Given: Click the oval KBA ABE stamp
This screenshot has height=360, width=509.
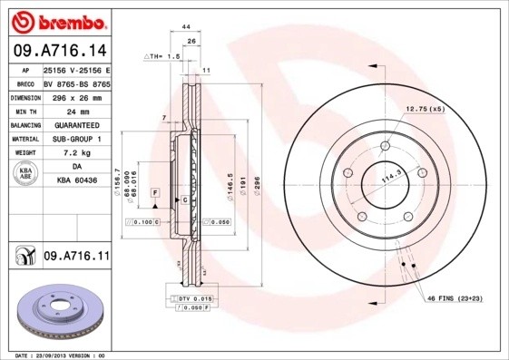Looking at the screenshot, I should click(x=26, y=174).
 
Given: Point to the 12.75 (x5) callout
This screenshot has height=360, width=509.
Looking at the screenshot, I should click(x=425, y=109).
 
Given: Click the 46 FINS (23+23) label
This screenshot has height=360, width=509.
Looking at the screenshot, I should click(x=455, y=298).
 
